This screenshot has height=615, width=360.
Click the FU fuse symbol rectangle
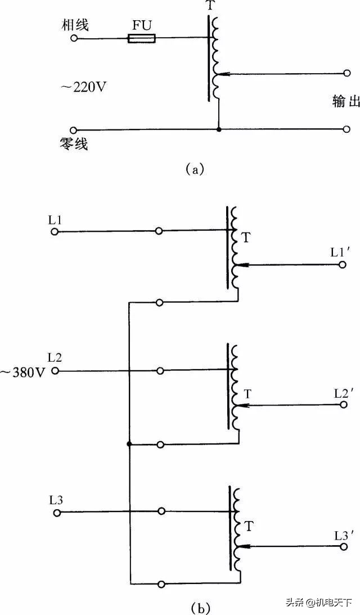(141, 39)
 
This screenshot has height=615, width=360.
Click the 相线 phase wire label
(76, 25)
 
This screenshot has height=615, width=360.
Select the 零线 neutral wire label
(76, 145)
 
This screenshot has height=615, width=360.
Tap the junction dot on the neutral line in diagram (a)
(219, 129)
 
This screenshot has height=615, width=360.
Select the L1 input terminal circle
(55, 231)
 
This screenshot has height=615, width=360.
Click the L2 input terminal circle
(55, 371)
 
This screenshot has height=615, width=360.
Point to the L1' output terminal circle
(342, 264)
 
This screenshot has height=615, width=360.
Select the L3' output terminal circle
(342, 545)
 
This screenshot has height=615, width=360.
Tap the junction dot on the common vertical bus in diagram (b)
(129, 444)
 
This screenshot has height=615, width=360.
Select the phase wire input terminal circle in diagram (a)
(73, 38)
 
